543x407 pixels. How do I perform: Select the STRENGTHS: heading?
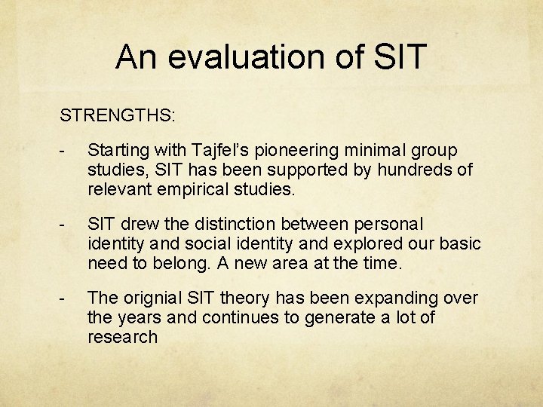coord(118,116)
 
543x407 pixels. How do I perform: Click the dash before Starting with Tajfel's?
coord(66,151)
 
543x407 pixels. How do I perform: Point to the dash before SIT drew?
coord(66,225)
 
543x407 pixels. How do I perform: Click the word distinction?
coord(241,225)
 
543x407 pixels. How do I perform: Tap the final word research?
coord(122,336)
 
